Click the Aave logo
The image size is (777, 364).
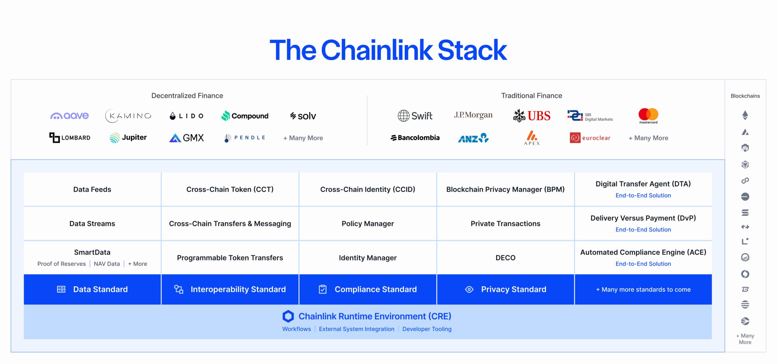click(x=70, y=116)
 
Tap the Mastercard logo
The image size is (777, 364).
click(x=648, y=115)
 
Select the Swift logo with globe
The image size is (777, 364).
click(x=415, y=116)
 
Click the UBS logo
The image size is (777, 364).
click(x=532, y=116)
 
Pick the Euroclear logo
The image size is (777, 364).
click(x=590, y=138)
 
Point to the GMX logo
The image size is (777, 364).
click(x=186, y=138)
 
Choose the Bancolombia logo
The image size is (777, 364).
click(x=415, y=138)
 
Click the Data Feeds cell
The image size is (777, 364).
click(x=92, y=190)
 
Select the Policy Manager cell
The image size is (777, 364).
click(x=368, y=224)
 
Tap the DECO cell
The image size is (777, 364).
click(x=505, y=258)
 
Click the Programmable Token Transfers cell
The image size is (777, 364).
click(x=230, y=258)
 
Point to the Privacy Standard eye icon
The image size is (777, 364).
click(x=469, y=289)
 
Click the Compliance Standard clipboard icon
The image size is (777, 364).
click(x=323, y=289)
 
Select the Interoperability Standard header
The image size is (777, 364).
click(x=238, y=289)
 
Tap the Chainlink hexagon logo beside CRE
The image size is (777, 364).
click(x=288, y=316)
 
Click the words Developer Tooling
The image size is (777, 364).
click(x=427, y=329)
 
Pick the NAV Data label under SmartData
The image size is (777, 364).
click(x=107, y=264)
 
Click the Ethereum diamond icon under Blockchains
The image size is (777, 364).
click(x=745, y=115)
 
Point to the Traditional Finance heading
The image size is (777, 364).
click(x=531, y=96)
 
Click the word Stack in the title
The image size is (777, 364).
click(x=472, y=50)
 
